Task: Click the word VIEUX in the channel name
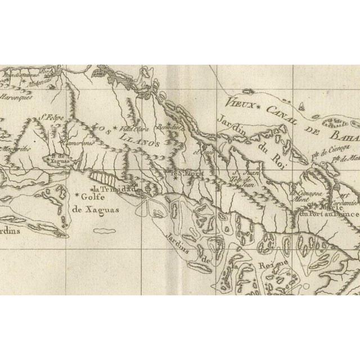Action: point(238,102)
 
